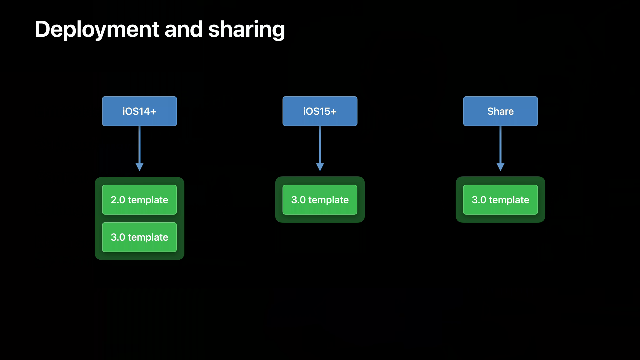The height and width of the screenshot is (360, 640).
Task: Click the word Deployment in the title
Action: click(x=97, y=29)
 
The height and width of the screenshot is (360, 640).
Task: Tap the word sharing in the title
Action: click(x=246, y=29)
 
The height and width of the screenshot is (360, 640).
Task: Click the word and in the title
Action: click(x=184, y=29)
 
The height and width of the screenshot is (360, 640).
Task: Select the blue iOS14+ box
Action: click(x=139, y=111)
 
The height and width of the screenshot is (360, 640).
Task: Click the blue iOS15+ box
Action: click(x=320, y=111)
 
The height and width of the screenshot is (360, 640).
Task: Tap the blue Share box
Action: click(x=500, y=111)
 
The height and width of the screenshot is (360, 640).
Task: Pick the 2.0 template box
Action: click(x=139, y=200)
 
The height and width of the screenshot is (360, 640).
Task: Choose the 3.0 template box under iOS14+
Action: click(x=139, y=237)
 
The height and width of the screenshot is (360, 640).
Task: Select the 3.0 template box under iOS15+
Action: click(x=320, y=200)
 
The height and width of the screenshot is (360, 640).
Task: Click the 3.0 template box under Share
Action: click(x=500, y=200)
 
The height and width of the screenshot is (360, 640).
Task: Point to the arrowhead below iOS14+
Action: click(x=139, y=167)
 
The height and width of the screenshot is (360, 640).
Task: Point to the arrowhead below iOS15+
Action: click(x=320, y=167)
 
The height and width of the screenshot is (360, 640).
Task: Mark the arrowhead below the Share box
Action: click(x=500, y=167)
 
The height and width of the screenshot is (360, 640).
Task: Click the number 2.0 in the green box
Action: click(x=118, y=200)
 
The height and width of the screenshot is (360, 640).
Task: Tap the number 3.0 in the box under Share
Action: click(x=479, y=200)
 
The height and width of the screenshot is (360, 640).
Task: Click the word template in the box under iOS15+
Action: click(x=328, y=200)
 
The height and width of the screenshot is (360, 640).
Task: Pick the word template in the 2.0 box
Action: click(x=148, y=200)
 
